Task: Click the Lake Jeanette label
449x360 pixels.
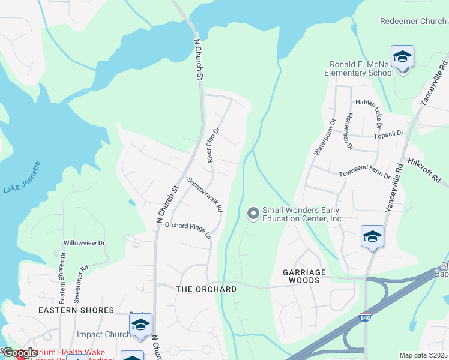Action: (x=22, y=177)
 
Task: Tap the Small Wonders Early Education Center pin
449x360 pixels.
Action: (x=253, y=212)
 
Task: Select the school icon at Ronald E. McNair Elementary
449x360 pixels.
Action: (x=402, y=58)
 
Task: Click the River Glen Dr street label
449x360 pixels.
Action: (x=214, y=144)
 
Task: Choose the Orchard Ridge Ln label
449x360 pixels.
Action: (x=188, y=230)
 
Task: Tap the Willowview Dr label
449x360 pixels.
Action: (x=84, y=244)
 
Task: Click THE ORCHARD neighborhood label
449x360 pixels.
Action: (x=206, y=289)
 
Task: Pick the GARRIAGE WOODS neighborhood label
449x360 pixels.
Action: (x=304, y=276)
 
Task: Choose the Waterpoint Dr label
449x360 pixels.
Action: (x=324, y=137)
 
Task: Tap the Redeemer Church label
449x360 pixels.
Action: (x=413, y=21)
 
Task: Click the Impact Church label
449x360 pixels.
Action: (x=104, y=334)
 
